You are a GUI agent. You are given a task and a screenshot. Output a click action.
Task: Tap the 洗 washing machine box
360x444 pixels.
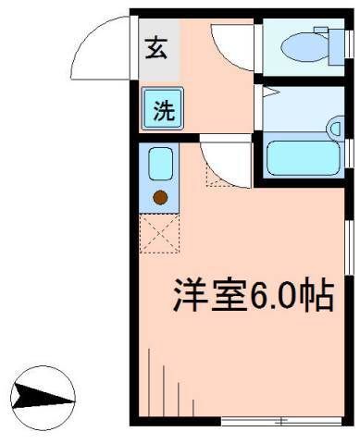pos(163,110)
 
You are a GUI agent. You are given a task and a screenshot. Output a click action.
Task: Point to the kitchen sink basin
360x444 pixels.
pos(160,166)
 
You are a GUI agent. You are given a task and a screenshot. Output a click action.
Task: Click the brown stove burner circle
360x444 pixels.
pos(160,197)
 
